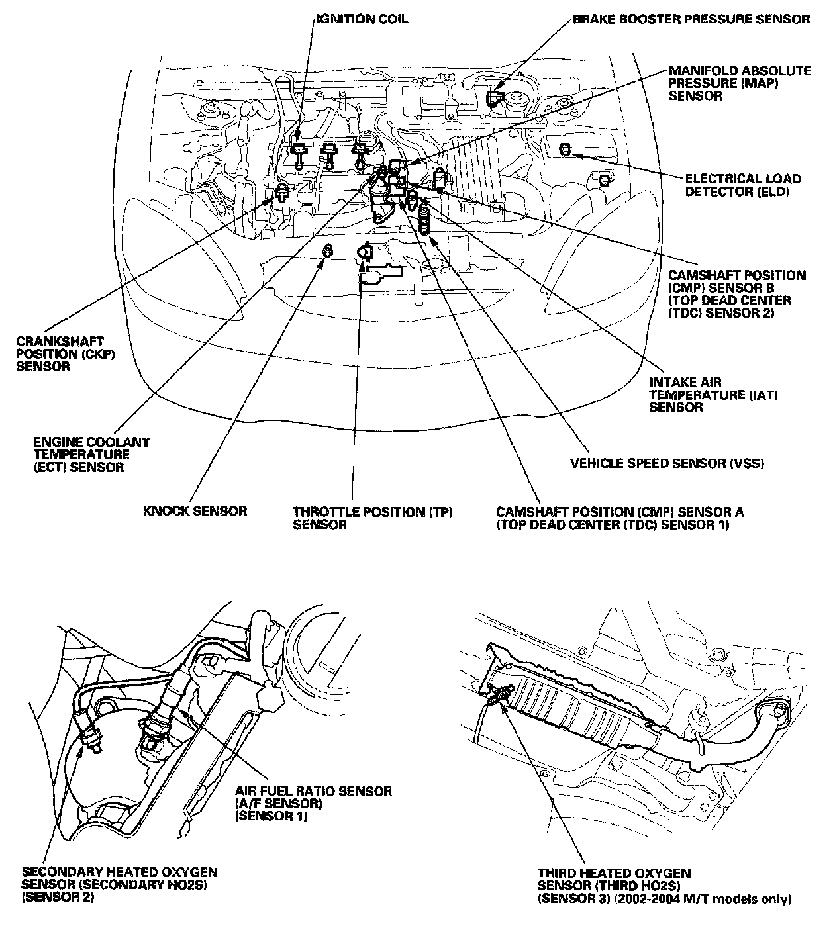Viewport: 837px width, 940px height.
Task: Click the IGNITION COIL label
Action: [362, 19]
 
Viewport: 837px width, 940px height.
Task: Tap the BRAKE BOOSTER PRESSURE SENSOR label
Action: [691, 19]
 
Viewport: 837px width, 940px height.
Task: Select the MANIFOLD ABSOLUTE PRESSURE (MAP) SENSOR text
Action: [740, 83]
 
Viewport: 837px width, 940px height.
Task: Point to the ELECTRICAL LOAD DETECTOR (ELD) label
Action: [743, 185]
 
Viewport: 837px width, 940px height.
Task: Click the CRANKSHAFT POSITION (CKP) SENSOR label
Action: [66, 354]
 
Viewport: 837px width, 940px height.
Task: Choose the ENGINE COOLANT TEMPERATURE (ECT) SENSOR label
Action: [91, 455]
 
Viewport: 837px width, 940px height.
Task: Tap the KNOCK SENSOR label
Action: [195, 511]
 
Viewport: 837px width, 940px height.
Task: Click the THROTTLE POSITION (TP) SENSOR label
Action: [372, 518]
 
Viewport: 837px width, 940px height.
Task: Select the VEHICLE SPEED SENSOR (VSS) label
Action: [667, 463]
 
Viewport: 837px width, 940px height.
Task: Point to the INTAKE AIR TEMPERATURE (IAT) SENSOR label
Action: [713, 395]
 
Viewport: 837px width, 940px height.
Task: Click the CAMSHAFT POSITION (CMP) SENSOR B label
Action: [737, 294]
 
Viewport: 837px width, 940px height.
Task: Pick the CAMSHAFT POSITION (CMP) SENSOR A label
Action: [620, 518]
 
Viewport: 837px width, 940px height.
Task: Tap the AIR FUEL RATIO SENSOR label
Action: [313, 804]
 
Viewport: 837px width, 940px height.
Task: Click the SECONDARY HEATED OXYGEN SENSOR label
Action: [119, 885]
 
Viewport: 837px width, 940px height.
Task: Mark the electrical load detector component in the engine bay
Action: [565, 150]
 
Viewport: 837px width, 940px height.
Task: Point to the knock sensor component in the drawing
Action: [328, 250]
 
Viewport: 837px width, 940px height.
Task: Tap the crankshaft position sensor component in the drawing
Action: [282, 191]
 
